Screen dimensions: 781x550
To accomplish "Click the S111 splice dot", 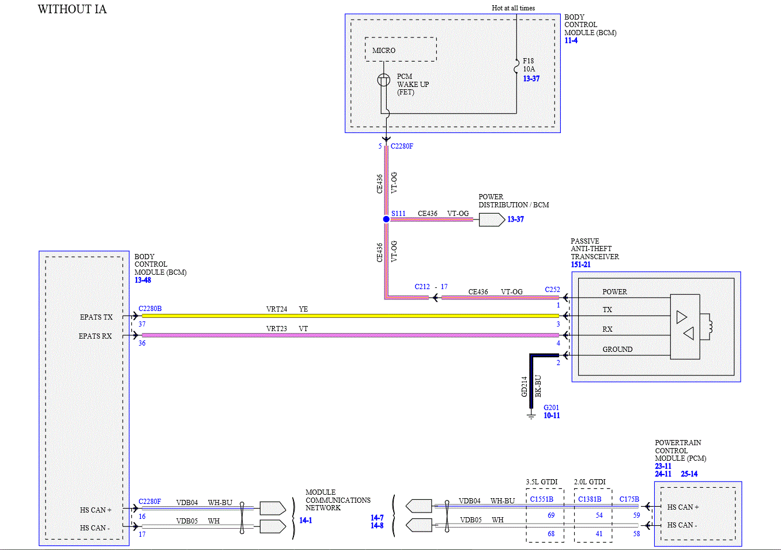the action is click(x=386, y=219).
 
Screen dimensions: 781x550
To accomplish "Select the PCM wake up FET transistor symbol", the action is click(x=383, y=80).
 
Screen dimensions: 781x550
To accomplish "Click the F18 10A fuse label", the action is click(x=529, y=65).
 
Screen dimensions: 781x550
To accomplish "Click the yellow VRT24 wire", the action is click(x=350, y=316).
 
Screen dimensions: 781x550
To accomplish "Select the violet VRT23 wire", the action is click(x=350, y=335).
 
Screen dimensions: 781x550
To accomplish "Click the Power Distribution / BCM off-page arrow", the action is click(x=492, y=220).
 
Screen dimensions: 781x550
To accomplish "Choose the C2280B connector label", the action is click(x=150, y=309).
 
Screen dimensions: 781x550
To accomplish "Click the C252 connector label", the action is click(x=552, y=290).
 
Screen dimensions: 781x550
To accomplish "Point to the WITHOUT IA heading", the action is click(x=72, y=9).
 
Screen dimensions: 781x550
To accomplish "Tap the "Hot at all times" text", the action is click(x=513, y=7).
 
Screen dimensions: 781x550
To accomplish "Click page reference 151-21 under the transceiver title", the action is click(x=580, y=264).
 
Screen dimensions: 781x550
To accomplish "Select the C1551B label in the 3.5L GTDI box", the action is click(x=541, y=499).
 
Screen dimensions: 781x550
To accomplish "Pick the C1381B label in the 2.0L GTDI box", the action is click(x=590, y=499).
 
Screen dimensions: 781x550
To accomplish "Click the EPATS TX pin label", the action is click(x=96, y=317).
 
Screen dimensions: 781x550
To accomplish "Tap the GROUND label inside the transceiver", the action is click(x=617, y=350).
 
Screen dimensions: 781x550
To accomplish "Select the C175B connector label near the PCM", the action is click(x=629, y=499).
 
